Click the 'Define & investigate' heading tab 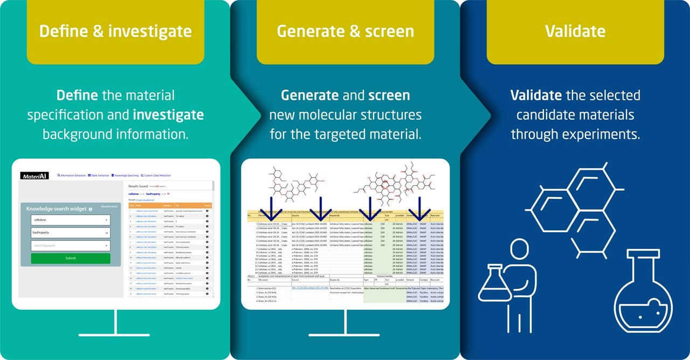point(115,31)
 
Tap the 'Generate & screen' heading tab point(345,31)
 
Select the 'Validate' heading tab point(575,31)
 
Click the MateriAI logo point(35,176)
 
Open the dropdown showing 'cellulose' point(70,220)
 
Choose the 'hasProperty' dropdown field point(70,233)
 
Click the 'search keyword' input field point(70,246)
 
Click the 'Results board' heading point(141,185)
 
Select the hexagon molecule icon point(574,207)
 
